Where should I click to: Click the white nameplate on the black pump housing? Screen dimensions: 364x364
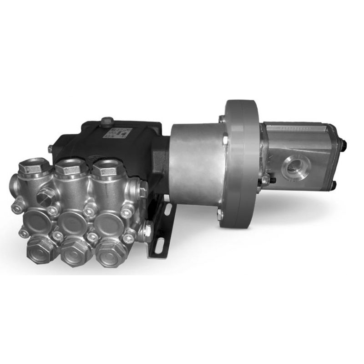[x=120, y=133]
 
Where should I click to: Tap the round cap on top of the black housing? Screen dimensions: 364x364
[x=108, y=121]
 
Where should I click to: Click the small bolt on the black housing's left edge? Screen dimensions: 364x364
[x=50, y=148]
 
